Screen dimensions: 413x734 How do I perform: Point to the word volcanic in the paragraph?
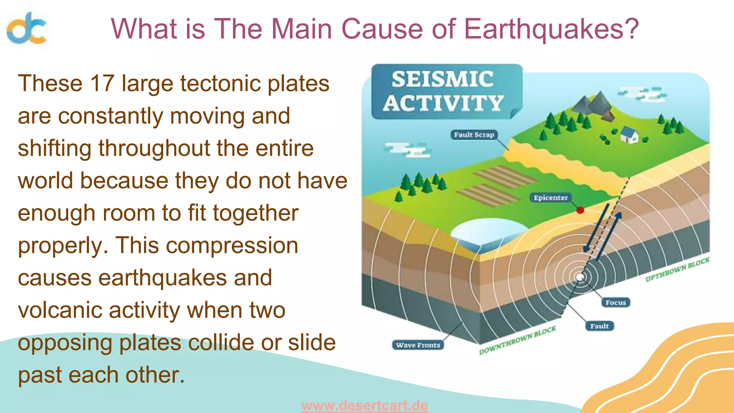coord(59,310)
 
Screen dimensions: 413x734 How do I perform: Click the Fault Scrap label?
coord(474,135)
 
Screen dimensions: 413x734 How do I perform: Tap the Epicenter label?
coord(550,198)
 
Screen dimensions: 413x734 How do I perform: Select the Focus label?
coord(615,303)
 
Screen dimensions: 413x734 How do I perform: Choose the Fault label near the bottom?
coord(599,326)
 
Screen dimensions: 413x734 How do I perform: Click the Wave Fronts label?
coord(418,345)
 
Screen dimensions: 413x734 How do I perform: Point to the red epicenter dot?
coord(580,210)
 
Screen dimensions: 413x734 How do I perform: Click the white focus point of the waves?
coord(580,277)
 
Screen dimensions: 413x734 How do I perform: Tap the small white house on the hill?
coord(629,135)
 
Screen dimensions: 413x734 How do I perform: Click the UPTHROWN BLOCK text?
coord(677,270)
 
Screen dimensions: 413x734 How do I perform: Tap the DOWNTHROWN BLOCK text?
coord(518,340)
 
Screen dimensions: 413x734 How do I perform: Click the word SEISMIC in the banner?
coord(443,79)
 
